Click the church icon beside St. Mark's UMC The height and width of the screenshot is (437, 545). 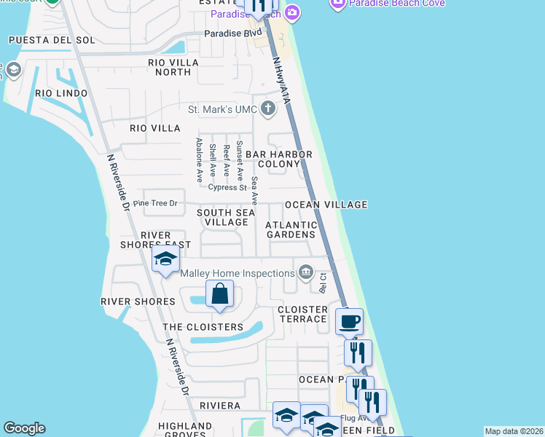tap(268, 110)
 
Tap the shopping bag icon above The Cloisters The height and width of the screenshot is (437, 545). tap(219, 295)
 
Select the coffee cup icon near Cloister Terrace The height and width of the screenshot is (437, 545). tap(349, 320)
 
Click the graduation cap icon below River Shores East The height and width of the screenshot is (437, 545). tap(165, 259)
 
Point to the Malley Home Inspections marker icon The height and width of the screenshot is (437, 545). tap(306, 273)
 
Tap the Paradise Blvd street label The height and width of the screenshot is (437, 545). tap(232, 34)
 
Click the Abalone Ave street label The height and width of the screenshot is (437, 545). tap(198, 160)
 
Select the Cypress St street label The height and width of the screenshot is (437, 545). tap(227, 188)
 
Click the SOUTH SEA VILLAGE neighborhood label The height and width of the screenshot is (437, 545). tap(226, 217)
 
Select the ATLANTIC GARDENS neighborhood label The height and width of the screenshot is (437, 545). tap(291, 229)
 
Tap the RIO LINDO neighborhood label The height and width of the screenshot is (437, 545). tap(61, 93)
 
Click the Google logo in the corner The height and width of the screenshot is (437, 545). tap(24, 428)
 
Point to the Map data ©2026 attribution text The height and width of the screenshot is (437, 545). tap(514, 431)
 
